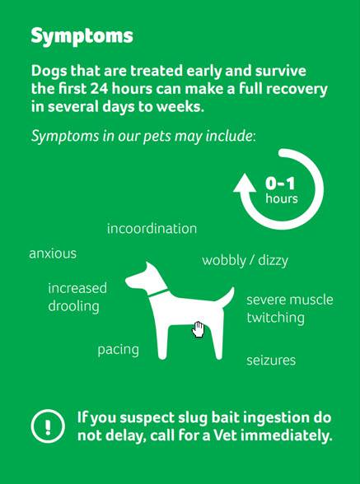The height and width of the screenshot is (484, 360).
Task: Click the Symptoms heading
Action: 82,37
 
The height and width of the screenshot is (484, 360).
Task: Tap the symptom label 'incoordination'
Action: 152,229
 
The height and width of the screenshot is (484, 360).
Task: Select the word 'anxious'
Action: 53,254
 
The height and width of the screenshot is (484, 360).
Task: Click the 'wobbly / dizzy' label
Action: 245,261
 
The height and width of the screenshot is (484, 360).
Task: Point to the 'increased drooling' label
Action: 77,298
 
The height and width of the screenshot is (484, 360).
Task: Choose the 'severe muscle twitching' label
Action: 290,309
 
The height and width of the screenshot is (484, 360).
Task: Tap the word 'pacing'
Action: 119,351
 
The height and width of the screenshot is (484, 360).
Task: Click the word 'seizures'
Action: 271,361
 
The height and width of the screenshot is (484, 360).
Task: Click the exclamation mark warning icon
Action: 48,426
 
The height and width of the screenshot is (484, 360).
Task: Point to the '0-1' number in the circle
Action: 280,184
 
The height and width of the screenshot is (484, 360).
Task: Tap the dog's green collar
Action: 158,293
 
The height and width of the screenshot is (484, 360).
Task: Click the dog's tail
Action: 227,296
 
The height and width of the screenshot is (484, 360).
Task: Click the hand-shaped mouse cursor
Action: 198,329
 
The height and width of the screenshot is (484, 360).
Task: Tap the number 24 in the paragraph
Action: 100,89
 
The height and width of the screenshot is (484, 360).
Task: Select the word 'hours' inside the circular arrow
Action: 282,198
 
